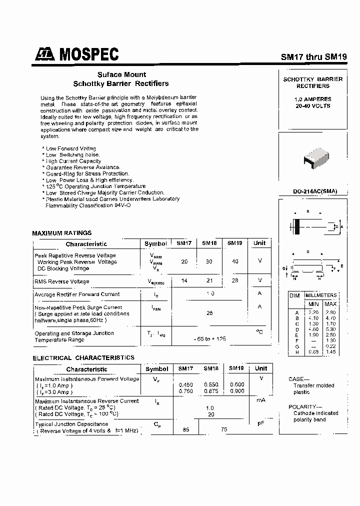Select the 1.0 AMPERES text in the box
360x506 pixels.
pos(312,99)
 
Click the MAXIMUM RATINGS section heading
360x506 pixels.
pos(62,233)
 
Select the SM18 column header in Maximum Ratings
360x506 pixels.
pos(209,243)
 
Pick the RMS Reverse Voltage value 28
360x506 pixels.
pos(235,281)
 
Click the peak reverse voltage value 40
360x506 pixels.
pos(235,261)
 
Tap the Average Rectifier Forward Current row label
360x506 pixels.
pos(77,294)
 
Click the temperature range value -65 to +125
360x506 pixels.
pos(210,339)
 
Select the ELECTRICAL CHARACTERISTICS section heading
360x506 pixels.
pos(83,358)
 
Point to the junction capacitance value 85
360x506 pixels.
pos(185,428)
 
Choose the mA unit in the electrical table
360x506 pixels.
pos(260,400)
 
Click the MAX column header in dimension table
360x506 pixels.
pos(330,303)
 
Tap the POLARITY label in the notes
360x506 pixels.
pos(302,406)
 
